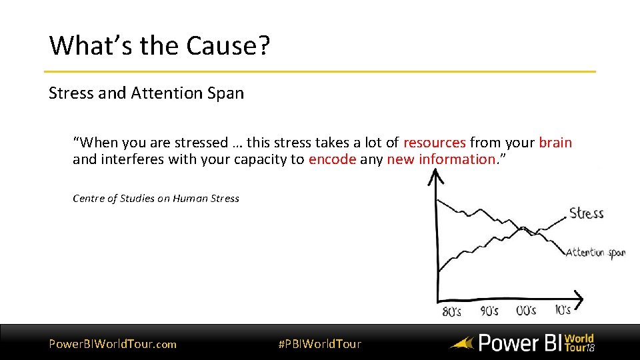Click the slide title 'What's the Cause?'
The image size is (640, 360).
click(160, 45)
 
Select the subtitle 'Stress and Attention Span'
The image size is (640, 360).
click(146, 93)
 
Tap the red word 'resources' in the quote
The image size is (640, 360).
click(434, 142)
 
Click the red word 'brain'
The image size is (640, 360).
click(555, 142)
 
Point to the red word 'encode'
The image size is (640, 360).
click(332, 159)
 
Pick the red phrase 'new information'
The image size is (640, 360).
click(439, 159)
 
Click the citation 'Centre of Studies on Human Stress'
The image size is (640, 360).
click(155, 198)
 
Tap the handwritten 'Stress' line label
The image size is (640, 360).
click(586, 213)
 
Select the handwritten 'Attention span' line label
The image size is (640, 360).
click(595, 253)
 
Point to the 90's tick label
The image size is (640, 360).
click(489, 311)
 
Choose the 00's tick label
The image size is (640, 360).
click(526, 311)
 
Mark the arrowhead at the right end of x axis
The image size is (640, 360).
click(578, 297)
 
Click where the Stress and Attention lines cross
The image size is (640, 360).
click(523, 230)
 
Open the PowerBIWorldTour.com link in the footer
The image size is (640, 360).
click(113, 344)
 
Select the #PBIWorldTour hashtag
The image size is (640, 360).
click(319, 344)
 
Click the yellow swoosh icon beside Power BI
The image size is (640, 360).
click(461, 344)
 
